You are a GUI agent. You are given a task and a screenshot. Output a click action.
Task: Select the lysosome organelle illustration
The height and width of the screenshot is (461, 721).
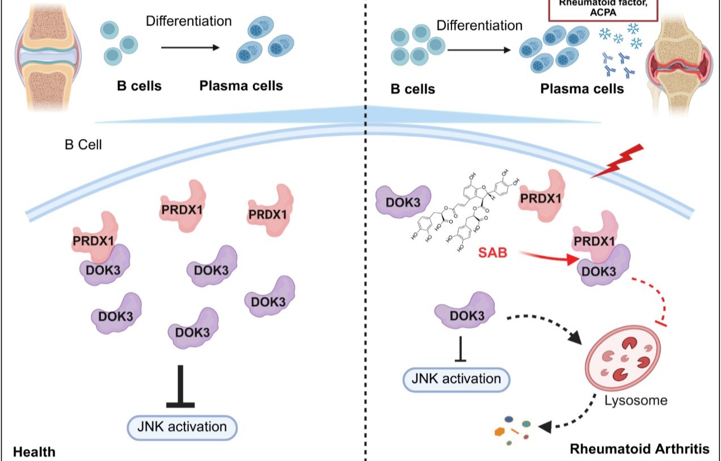pyautogui.click(x=622, y=357)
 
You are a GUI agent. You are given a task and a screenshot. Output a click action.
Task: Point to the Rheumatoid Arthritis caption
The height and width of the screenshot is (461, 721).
pyautogui.click(x=639, y=450)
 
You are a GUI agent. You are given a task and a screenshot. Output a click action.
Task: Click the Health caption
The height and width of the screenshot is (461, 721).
pyautogui.click(x=35, y=452)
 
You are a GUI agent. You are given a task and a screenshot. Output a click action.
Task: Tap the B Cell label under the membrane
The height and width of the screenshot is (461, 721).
pyautogui.click(x=83, y=145)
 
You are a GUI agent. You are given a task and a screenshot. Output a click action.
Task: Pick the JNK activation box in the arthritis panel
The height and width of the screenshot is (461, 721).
pyautogui.click(x=456, y=379)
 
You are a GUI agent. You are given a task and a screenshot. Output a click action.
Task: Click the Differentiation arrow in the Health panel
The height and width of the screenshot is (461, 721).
pyautogui.click(x=189, y=48)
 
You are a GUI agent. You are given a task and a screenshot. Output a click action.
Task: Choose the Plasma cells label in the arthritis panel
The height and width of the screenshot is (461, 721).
pyautogui.click(x=581, y=89)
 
